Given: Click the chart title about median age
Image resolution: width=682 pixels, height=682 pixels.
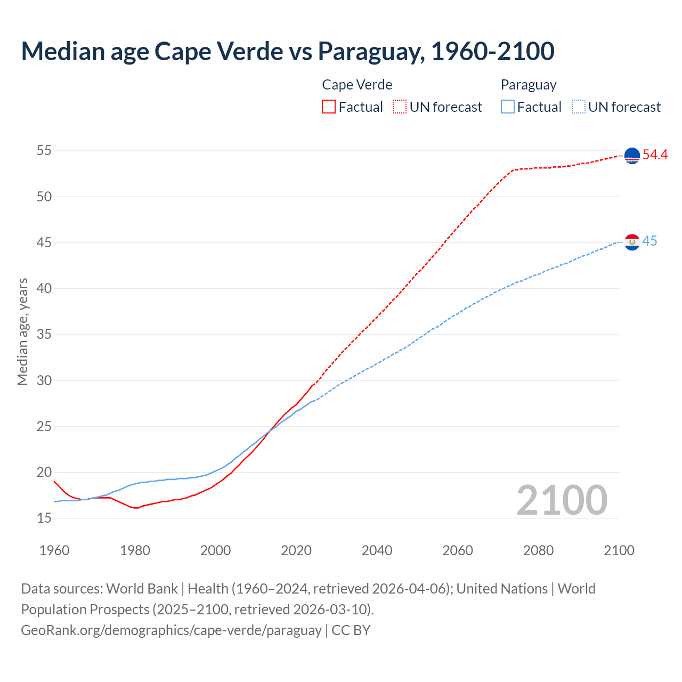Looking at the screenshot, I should coord(288,51).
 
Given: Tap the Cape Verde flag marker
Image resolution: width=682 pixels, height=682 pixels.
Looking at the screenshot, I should coord(632,156).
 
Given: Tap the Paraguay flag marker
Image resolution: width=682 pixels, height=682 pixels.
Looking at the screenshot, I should coord(632,242).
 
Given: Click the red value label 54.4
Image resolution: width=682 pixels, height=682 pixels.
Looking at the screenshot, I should coord(655,155).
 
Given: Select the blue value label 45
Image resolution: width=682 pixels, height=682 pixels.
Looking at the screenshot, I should coord(649,241).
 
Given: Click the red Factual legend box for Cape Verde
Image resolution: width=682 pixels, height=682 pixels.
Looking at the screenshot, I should coord(329,107).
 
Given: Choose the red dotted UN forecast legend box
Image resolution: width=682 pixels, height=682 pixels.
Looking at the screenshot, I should coord(400,107).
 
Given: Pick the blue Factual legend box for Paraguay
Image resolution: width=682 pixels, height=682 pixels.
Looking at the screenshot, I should coord(508,107).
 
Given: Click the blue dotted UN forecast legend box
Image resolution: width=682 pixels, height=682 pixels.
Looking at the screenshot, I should coord(579,107).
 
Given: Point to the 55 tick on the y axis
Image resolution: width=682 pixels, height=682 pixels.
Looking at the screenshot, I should coord(44,151).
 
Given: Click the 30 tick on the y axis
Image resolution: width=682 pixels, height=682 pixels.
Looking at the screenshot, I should coord(44,380).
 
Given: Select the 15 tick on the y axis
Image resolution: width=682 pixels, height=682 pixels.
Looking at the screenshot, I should coord(44,518).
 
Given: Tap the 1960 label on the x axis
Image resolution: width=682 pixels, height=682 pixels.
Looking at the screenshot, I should coord(54,550).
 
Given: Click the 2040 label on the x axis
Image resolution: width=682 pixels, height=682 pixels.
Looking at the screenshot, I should coord(377,550).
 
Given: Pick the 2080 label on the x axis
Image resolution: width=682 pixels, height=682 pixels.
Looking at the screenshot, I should coord(538,550).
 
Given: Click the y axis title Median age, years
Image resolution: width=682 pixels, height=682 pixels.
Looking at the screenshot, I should coord(22,331).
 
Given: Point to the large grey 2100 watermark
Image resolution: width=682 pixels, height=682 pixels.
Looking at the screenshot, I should coord(562,500).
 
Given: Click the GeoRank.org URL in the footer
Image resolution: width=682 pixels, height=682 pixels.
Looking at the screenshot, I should coord(171,630).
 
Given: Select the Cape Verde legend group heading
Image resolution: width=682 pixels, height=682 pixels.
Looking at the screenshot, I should coord(357,85).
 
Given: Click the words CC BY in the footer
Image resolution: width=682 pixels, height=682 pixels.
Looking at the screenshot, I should coord(351,630).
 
